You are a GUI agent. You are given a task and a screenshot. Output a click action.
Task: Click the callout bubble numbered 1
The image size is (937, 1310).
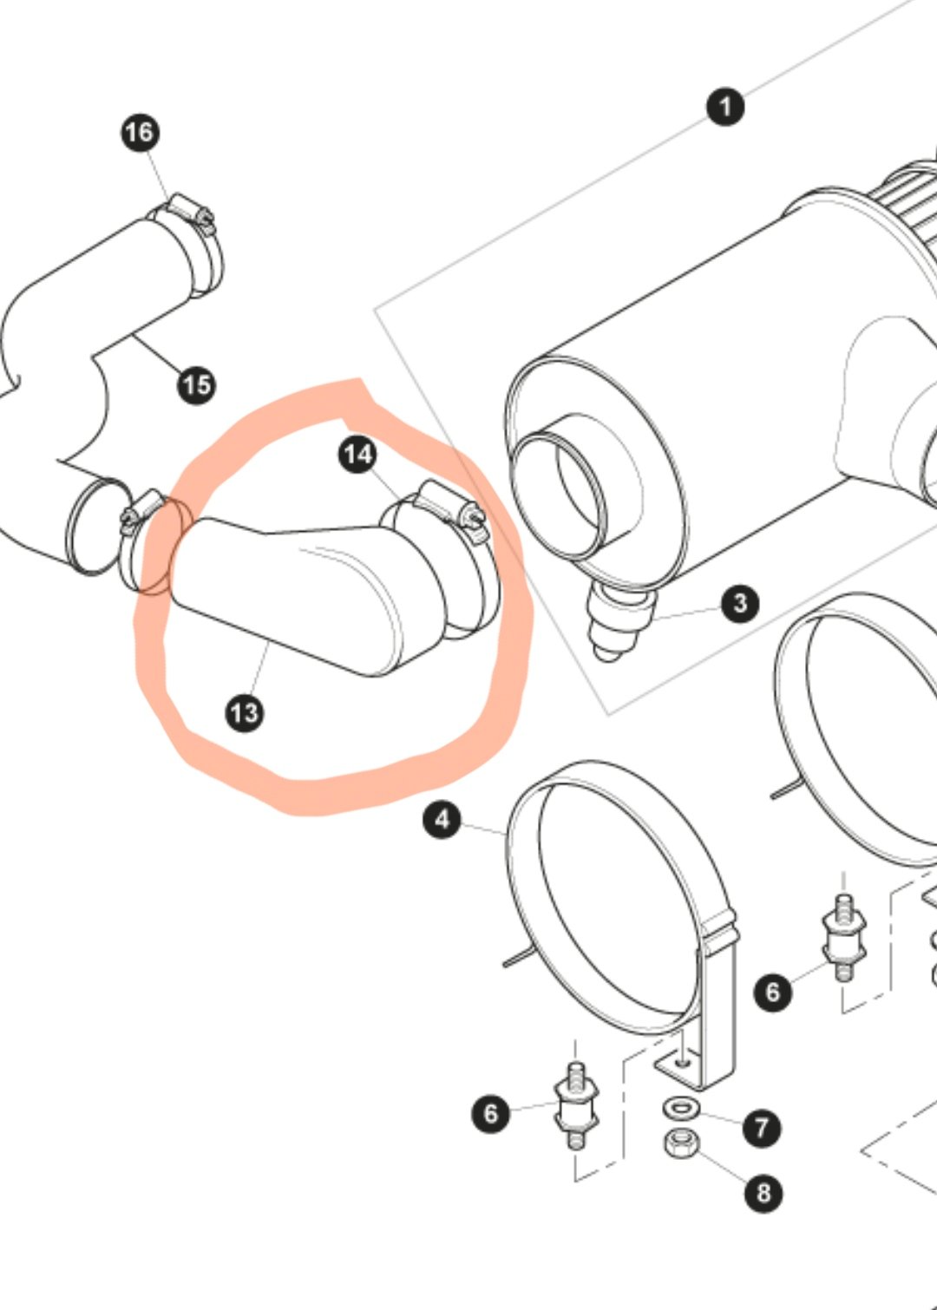725,107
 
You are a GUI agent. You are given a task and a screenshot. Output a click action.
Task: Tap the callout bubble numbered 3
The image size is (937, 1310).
740,603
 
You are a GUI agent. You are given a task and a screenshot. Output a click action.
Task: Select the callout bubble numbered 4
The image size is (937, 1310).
442,820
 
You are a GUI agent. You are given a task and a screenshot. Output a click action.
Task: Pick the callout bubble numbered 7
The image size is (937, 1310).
761,1128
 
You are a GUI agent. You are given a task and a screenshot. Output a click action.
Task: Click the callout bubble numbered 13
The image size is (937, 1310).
245,713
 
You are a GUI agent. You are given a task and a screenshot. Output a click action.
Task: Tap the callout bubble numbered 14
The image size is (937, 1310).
358,455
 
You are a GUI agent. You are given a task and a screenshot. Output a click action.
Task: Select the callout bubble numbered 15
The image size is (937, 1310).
197,385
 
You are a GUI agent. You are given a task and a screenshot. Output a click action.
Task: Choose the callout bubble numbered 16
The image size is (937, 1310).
141,133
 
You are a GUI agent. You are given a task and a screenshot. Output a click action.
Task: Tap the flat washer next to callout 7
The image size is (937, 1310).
679,1107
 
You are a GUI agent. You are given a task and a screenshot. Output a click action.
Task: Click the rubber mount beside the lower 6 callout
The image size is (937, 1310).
576,1106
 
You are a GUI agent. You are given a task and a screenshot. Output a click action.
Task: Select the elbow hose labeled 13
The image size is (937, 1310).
328,591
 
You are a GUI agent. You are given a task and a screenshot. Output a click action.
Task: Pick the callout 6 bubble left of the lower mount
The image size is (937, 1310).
491,1114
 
